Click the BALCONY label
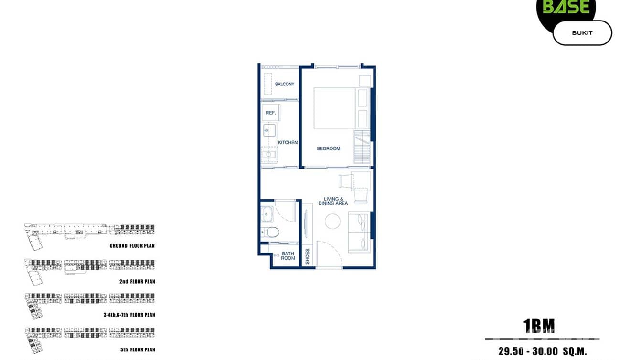point(285,85)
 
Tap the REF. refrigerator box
point(270,113)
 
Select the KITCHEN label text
point(288,142)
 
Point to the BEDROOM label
point(329,148)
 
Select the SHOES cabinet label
point(308,256)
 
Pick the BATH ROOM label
point(288,256)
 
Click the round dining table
point(333,221)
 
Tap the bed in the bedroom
point(334,108)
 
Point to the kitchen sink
point(269,130)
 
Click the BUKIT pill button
point(582,33)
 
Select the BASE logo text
point(566,7)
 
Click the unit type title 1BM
point(539,326)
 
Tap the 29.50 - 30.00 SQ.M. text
point(542,352)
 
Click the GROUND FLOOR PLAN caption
point(132,246)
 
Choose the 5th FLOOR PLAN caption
point(138,350)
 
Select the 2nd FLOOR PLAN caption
point(137,282)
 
